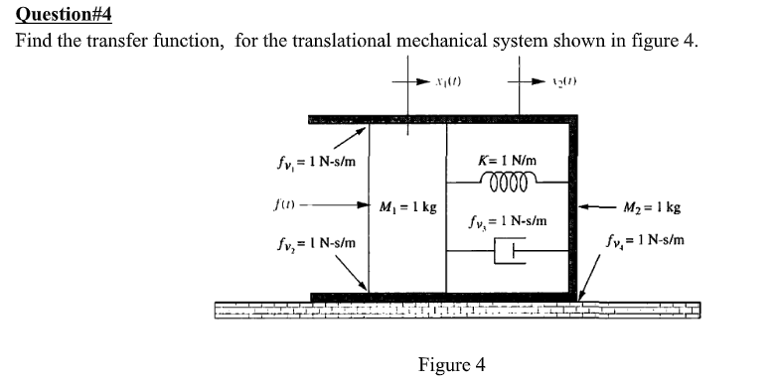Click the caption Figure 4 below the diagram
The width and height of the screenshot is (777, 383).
(451, 363)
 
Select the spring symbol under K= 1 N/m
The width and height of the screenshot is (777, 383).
(508, 182)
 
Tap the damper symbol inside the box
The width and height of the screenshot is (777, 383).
(509, 253)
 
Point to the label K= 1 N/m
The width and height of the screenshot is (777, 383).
(508, 160)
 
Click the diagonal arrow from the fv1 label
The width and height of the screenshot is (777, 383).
(335, 138)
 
